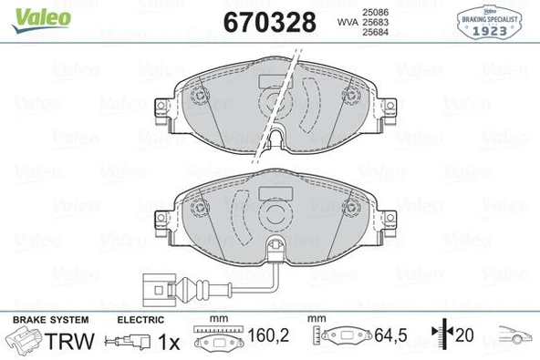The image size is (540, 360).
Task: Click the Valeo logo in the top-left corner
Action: (x=30, y=13)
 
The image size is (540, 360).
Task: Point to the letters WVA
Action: (x=347, y=23)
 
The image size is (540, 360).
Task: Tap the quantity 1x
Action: (x=168, y=342)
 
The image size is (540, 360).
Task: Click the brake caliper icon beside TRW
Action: (x=24, y=342)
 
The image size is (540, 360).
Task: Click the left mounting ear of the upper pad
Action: (x=161, y=111)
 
